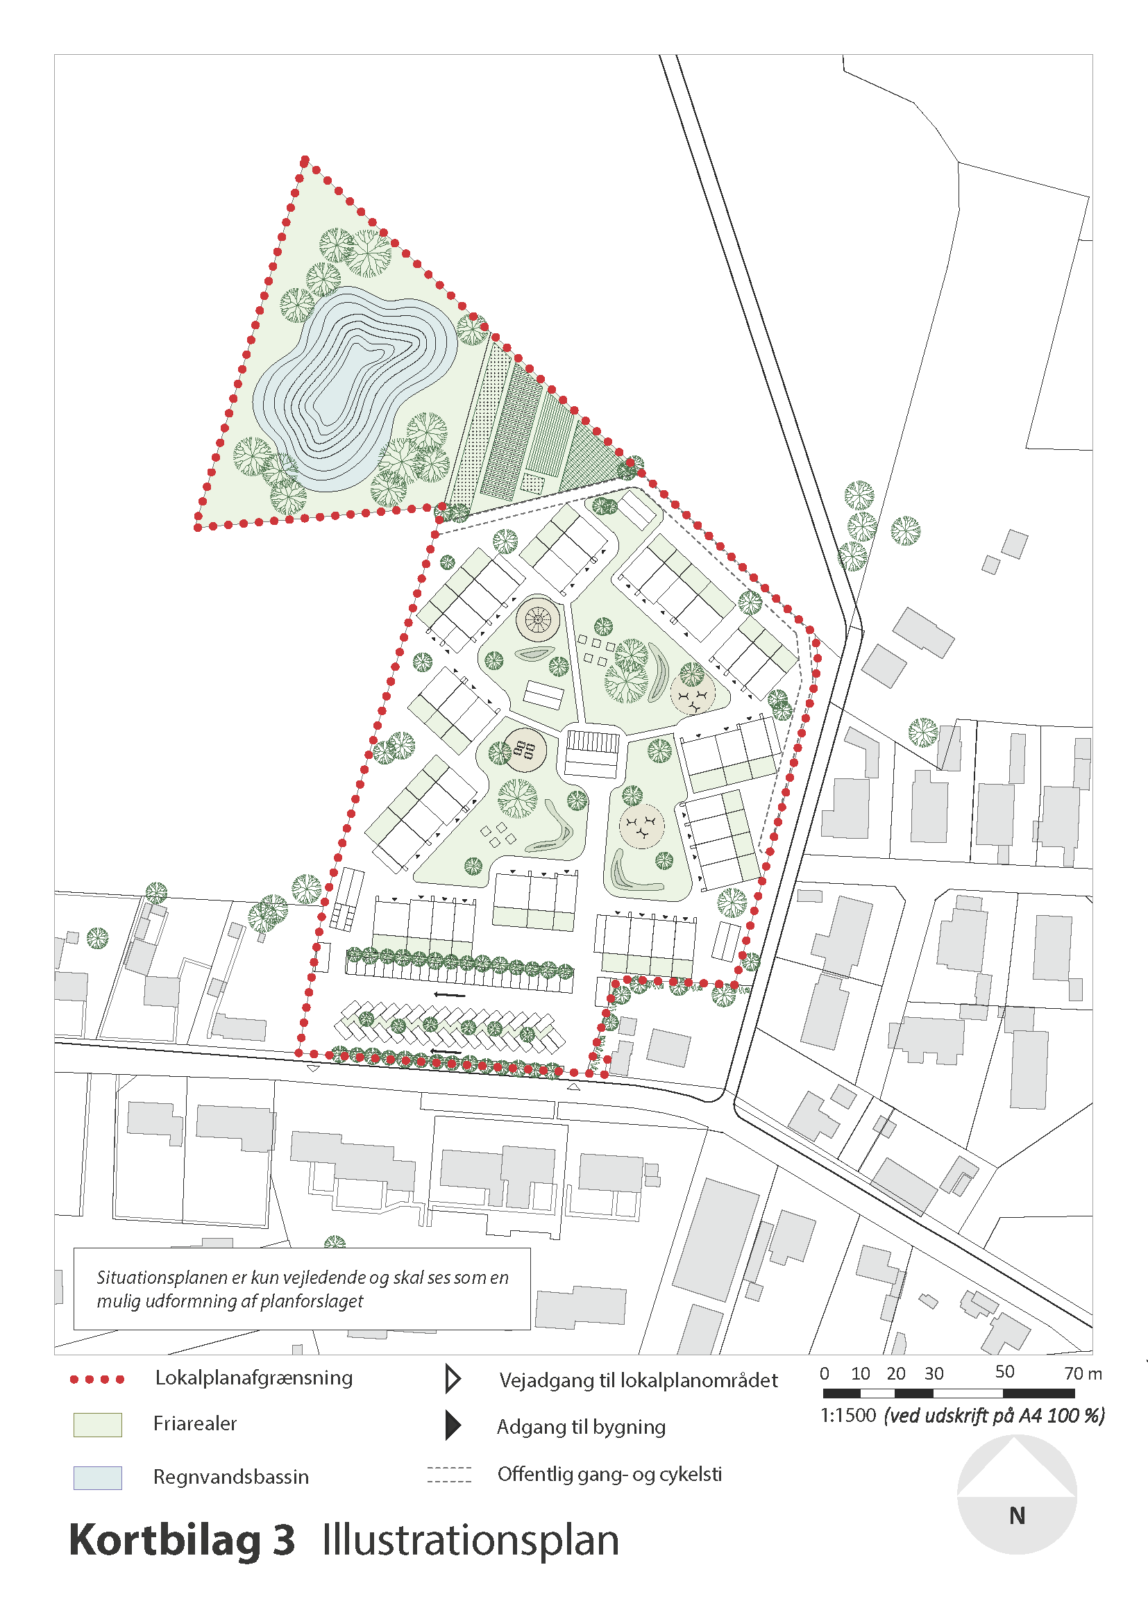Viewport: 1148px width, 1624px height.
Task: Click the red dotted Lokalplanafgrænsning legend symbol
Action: [97, 1380]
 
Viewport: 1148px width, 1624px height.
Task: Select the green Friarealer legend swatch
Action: [98, 1425]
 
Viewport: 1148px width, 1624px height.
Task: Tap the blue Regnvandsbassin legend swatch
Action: [98, 1477]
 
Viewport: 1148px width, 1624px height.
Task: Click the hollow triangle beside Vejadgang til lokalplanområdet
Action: [453, 1380]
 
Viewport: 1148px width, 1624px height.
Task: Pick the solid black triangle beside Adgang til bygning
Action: [453, 1426]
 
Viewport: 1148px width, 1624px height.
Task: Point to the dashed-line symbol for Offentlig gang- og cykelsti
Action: [449, 1475]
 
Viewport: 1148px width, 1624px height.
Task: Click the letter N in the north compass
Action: [1017, 1516]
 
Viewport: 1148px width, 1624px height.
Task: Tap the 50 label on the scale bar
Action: [1004, 1372]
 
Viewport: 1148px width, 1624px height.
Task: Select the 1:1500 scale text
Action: [847, 1415]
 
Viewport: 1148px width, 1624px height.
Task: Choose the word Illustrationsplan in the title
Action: [470, 1541]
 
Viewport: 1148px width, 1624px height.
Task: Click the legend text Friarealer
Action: [195, 1424]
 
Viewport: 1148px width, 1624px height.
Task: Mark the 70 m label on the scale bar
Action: [1083, 1373]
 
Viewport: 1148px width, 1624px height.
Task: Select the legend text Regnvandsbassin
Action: [231, 1477]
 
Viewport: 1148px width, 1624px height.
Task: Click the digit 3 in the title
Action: [284, 1541]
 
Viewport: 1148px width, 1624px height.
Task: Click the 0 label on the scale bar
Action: [825, 1373]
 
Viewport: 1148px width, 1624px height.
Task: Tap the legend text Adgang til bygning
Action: [581, 1427]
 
